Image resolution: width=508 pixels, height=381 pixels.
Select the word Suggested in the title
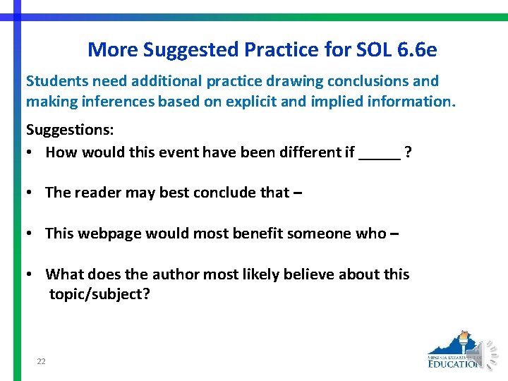click(190, 50)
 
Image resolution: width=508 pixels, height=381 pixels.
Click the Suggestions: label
click(68, 130)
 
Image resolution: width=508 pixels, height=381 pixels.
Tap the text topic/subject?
click(99, 294)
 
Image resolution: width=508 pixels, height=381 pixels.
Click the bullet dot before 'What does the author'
click(31, 274)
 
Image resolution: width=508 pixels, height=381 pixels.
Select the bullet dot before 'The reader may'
click(31, 193)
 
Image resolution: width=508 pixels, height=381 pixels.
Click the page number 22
click(41, 361)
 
